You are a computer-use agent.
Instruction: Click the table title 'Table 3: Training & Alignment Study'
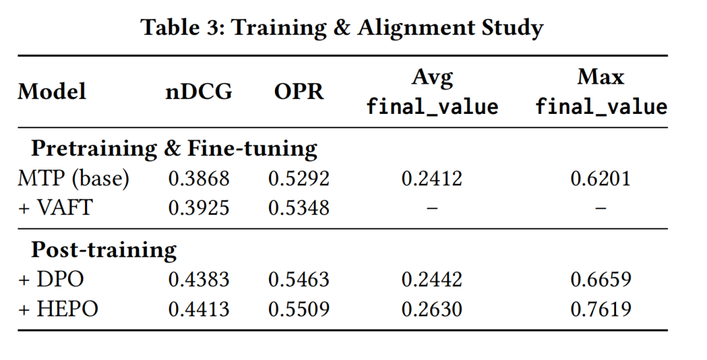point(342,28)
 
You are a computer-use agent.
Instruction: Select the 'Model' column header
point(52,92)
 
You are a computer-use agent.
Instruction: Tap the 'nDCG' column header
point(199,92)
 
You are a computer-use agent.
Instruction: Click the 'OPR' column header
point(299,92)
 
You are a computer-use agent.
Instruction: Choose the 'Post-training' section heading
point(103,250)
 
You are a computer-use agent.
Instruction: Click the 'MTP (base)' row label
point(73,179)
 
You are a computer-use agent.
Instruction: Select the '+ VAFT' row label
point(56,207)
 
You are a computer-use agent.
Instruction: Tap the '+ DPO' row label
point(51,279)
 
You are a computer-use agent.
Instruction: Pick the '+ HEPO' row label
point(58,309)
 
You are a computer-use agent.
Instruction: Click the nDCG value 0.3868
point(199,179)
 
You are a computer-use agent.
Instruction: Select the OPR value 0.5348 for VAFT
point(299,207)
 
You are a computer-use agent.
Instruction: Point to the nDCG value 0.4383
point(199,279)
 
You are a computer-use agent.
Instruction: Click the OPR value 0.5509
point(299,309)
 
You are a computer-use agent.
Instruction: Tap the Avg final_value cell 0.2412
point(432,179)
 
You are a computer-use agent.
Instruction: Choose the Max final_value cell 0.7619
point(601,309)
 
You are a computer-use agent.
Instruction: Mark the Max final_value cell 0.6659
point(601,279)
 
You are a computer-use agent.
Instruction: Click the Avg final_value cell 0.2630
point(432,309)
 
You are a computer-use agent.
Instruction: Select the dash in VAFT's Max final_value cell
point(600,208)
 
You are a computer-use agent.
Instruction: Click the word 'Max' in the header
point(600,77)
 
